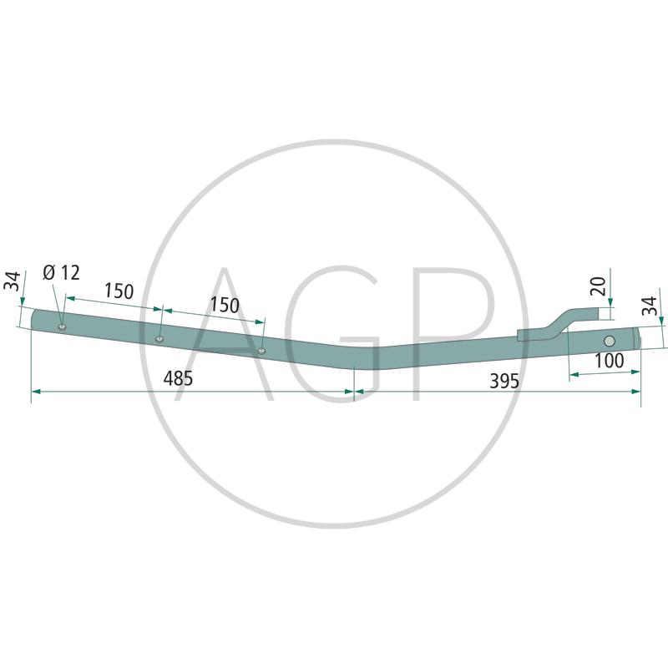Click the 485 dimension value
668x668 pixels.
point(178,378)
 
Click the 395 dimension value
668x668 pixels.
point(504,381)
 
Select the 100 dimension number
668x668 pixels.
point(610,361)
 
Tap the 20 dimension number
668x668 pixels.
point(599,286)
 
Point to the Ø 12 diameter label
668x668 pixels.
point(61,273)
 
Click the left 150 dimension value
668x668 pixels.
point(119,291)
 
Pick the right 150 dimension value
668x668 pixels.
point(225,306)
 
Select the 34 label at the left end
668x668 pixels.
point(12,281)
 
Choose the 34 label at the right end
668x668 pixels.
point(650,306)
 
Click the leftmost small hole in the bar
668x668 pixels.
point(62,326)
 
